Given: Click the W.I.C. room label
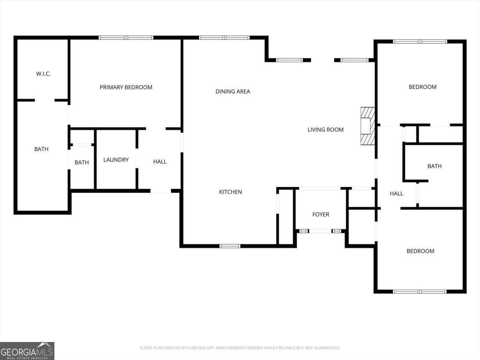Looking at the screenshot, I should pos(43,74).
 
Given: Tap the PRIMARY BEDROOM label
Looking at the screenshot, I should pos(126,87).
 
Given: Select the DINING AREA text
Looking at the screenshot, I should pos(233,92).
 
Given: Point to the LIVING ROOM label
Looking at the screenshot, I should pos(325,130).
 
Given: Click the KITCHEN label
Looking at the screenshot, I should pos(230,192).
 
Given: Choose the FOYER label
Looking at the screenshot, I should pos(321,215).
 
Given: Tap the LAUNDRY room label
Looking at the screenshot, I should pos(116,160).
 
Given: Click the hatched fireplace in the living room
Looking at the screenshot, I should pos(368,126).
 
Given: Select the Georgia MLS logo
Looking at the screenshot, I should pos(27,351).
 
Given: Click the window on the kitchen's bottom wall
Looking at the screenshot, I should pos(230,246).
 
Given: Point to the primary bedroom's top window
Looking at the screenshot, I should pos(126,38).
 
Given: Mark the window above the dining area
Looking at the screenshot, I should pos(224,38).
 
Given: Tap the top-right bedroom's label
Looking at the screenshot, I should pos(422,87).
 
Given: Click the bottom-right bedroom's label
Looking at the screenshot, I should pos(420,251).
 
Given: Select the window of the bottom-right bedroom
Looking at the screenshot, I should pos(420,292).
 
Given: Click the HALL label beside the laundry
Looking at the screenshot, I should pos(160,162).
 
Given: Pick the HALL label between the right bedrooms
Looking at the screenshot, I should pos(396,194).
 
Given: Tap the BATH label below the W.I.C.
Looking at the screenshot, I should pos(41,149).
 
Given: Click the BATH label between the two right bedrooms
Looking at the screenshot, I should pos(434,166).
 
